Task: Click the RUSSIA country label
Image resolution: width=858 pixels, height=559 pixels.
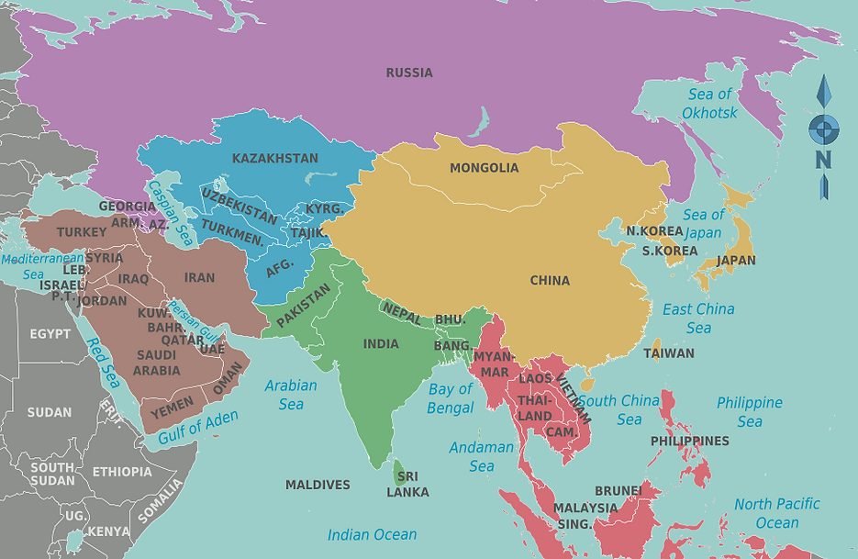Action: [408, 73]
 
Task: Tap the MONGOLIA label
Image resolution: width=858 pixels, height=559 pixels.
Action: [484, 168]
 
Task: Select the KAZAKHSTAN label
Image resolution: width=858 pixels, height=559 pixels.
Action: [274, 158]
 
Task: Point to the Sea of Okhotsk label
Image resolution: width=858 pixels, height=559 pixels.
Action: [709, 103]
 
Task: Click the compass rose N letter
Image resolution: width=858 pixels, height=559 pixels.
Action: [823, 159]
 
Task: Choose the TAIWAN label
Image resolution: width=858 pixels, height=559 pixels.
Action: [669, 352]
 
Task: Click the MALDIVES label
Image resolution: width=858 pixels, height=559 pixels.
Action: [318, 485]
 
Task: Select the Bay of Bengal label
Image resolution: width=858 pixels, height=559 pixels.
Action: [451, 397]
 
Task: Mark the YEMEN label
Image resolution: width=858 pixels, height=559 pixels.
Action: [173, 404]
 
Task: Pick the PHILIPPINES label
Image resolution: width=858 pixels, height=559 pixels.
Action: [689, 441]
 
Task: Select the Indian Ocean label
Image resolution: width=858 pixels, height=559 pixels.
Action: [373, 534]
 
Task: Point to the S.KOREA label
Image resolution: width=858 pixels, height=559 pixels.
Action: [669, 250]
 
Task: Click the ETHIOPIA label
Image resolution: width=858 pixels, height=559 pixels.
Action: [122, 472]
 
